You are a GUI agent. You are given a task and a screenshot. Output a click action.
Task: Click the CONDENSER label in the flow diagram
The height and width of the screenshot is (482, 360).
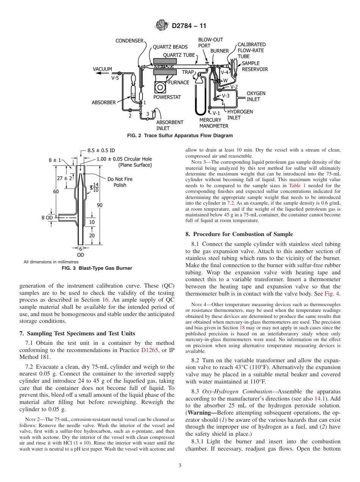pyautogui.click(x=130, y=41)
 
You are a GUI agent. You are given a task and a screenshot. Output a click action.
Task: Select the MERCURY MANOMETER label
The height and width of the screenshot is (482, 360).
pyautogui.click(x=214, y=123)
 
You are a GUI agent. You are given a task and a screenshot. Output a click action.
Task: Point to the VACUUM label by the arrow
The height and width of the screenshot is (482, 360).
pyautogui.click(x=102, y=69)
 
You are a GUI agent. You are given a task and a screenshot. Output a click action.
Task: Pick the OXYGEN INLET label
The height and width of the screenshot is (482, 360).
pyautogui.click(x=256, y=96)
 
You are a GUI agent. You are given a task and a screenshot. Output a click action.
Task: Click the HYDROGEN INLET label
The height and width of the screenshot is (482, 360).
pyautogui.click(x=239, y=114)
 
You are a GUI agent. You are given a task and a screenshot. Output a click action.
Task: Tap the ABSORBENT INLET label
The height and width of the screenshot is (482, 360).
pyautogui.click(x=170, y=125)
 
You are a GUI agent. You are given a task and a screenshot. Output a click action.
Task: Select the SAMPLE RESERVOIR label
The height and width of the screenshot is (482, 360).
pyautogui.click(x=255, y=66)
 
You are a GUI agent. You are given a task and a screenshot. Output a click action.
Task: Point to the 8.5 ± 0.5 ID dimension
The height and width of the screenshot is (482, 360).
pyautogui.click(x=101, y=150)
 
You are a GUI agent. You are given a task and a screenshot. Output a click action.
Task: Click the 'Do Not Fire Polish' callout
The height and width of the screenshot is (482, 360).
pyautogui.click(x=120, y=182)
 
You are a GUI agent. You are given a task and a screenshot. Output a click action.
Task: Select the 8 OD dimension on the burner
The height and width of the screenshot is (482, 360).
pyautogui.click(x=47, y=218)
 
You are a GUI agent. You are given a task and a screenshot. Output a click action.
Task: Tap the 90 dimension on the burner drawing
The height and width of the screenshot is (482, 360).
pyautogui.click(x=100, y=205)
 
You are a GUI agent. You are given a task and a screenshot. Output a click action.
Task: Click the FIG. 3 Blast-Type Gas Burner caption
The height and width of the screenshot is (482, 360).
pyautogui.click(x=97, y=268)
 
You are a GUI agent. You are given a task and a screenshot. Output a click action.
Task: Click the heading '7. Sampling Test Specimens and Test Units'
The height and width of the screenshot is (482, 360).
pyautogui.click(x=77, y=333)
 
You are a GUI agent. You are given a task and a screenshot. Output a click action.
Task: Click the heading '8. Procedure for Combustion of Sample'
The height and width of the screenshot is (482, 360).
pyautogui.click(x=239, y=234)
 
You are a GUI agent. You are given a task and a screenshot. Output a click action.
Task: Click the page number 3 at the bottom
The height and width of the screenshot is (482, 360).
pyautogui.click(x=180, y=466)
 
